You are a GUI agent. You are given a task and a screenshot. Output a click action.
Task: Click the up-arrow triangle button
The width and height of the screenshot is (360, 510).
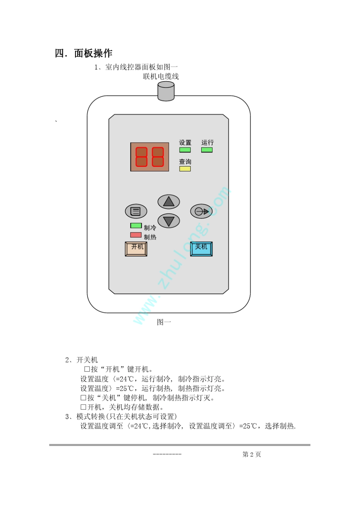click(x=169, y=201)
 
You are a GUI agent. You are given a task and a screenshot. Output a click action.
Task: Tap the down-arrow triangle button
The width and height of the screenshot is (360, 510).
click(x=169, y=221)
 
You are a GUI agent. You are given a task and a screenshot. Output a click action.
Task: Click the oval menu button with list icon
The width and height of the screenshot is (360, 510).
click(x=136, y=211)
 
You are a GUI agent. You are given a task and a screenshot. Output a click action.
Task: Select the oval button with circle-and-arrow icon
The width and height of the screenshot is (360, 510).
click(x=201, y=211)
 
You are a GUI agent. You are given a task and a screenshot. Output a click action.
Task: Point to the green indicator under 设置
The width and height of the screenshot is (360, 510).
click(x=185, y=150)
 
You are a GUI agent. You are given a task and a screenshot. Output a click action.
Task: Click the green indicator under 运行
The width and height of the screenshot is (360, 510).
click(x=207, y=150)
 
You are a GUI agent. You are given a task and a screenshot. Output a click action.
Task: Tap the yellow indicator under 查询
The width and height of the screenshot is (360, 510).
click(x=185, y=169)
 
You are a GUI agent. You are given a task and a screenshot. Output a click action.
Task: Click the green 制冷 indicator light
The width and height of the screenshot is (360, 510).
click(x=136, y=226)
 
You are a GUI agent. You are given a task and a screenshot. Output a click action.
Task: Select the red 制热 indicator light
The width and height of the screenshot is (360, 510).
click(x=136, y=235)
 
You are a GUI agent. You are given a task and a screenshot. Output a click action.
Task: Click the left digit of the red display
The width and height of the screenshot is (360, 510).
click(x=141, y=157)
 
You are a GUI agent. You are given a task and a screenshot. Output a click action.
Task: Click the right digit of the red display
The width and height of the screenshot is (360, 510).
click(x=158, y=157)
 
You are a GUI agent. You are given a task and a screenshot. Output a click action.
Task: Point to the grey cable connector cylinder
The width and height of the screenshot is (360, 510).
click(x=166, y=91)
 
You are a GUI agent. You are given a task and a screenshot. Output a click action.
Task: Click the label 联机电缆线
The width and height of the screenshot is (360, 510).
click(x=161, y=76)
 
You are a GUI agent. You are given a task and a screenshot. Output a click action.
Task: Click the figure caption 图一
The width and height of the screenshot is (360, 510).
click(x=164, y=322)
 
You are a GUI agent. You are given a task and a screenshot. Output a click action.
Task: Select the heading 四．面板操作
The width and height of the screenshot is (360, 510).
click(x=83, y=53)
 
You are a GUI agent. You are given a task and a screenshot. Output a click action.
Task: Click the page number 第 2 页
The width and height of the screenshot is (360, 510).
click(x=252, y=454)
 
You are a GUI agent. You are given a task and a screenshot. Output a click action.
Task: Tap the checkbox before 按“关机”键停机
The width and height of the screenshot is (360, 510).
click(x=83, y=398)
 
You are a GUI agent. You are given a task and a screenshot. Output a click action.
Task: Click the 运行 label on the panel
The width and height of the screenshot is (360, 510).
click(x=207, y=143)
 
